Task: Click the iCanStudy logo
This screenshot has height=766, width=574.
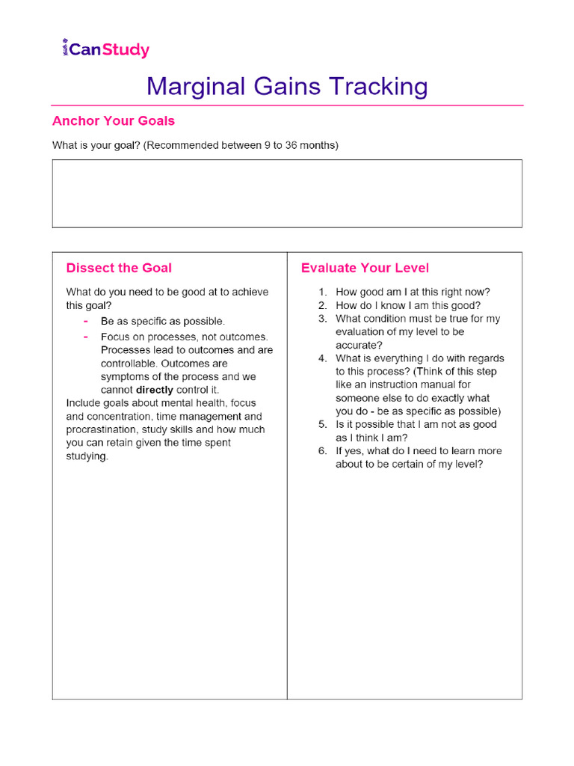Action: (x=105, y=50)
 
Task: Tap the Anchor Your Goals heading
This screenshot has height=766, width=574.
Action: (x=114, y=120)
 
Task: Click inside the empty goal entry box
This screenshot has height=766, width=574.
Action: (x=287, y=194)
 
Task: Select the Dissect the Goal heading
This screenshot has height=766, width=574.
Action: (x=119, y=268)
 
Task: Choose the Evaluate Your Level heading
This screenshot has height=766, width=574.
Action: (x=365, y=268)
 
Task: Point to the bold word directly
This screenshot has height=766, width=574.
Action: (x=154, y=390)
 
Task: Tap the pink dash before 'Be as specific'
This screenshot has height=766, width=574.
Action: (x=86, y=321)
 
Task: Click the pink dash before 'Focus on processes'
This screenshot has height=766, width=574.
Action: (x=86, y=337)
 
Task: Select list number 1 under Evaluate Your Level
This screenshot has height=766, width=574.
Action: (x=322, y=292)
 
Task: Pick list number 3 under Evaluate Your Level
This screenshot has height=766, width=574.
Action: (x=322, y=319)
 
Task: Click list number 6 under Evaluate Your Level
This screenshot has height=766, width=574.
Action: (x=322, y=451)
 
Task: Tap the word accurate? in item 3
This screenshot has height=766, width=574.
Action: (x=359, y=345)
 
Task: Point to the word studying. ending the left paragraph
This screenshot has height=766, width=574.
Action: (x=87, y=456)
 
